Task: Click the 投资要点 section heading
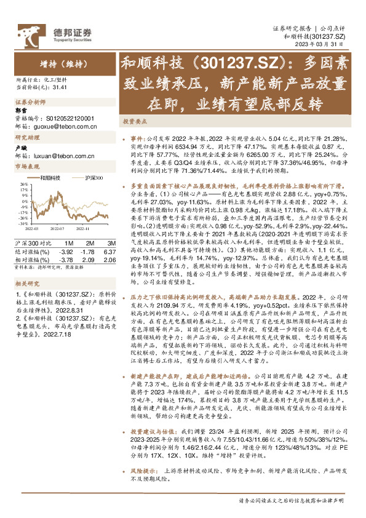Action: point(134,122)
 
